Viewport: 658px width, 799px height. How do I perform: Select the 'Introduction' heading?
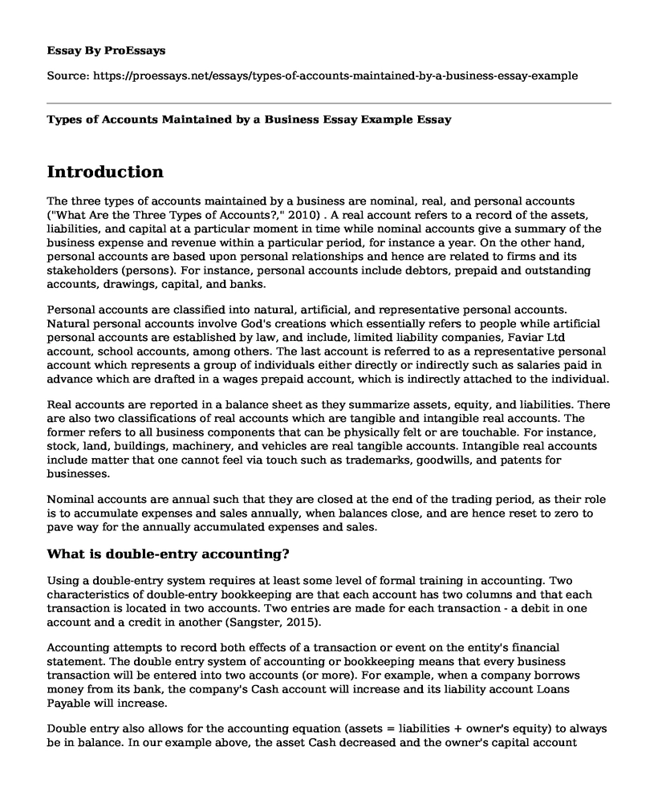(x=105, y=172)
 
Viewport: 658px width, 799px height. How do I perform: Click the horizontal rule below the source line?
(x=329, y=103)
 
